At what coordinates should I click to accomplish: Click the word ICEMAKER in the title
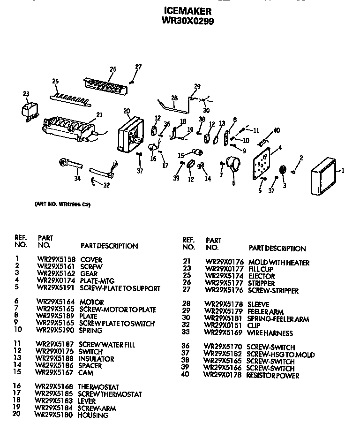point(187,11)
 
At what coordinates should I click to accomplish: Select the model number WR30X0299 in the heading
point(187,21)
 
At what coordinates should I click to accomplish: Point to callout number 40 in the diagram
point(277,130)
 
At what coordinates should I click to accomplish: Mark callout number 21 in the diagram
point(99,114)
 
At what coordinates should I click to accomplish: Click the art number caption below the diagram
point(62,204)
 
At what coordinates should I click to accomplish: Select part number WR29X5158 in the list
point(56,259)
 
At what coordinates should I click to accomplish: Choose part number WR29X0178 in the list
point(222,375)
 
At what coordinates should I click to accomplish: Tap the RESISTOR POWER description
point(273,375)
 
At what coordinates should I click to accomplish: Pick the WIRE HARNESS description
point(270,333)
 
